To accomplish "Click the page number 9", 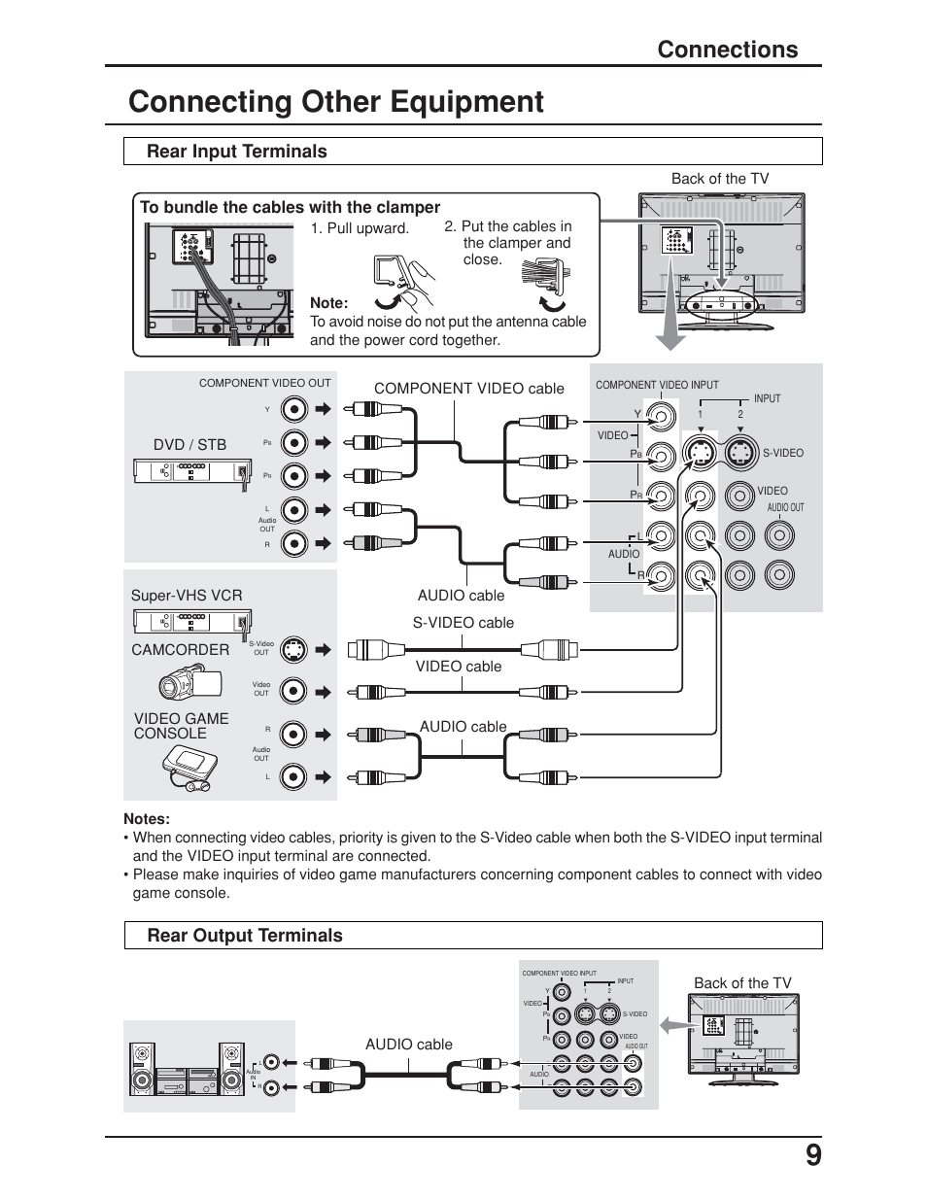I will pyautogui.click(x=812, y=1155).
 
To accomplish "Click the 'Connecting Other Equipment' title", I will pyautogui.click(x=336, y=102).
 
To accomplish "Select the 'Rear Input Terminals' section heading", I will pyautogui.click(x=237, y=152).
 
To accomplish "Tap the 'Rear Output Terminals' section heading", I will pyautogui.click(x=245, y=936).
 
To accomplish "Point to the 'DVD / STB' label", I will pyautogui.click(x=189, y=444).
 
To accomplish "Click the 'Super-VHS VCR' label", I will pyautogui.click(x=187, y=596).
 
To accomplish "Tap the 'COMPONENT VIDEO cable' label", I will pyautogui.click(x=468, y=389).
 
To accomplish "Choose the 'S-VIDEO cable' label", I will pyautogui.click(x=463, y=623).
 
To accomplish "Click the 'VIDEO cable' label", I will pyautogui.click(x=459, y=667).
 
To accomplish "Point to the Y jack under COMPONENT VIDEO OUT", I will pyautogui.click(x=293, y=409).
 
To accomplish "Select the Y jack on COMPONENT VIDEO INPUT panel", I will pyautogui.click(x=661, y=417).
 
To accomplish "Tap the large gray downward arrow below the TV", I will pyautogui.click(x=669, y=330).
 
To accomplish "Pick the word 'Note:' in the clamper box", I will pyautogui.click(x=328, y=303).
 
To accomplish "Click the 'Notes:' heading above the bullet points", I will pyautogui.click(x=147, y=818).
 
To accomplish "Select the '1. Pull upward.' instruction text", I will pyautogui.click(x=360, y=228).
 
